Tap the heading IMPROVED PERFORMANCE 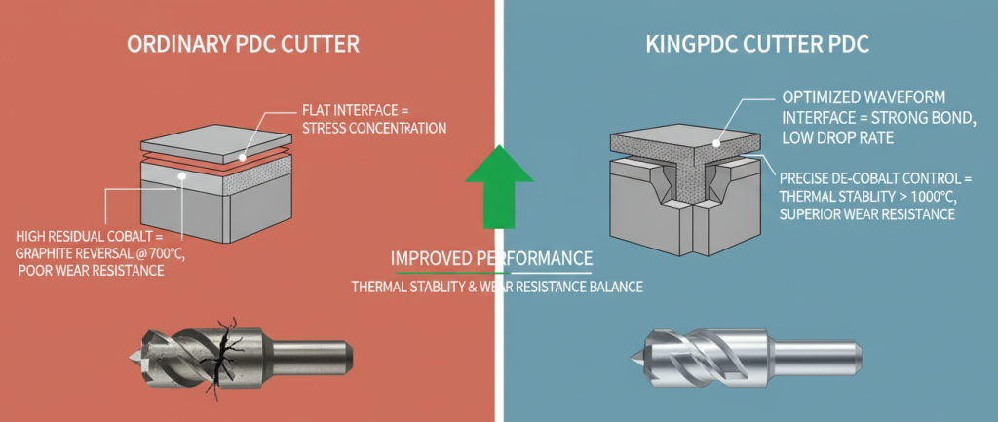pos(491,259)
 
